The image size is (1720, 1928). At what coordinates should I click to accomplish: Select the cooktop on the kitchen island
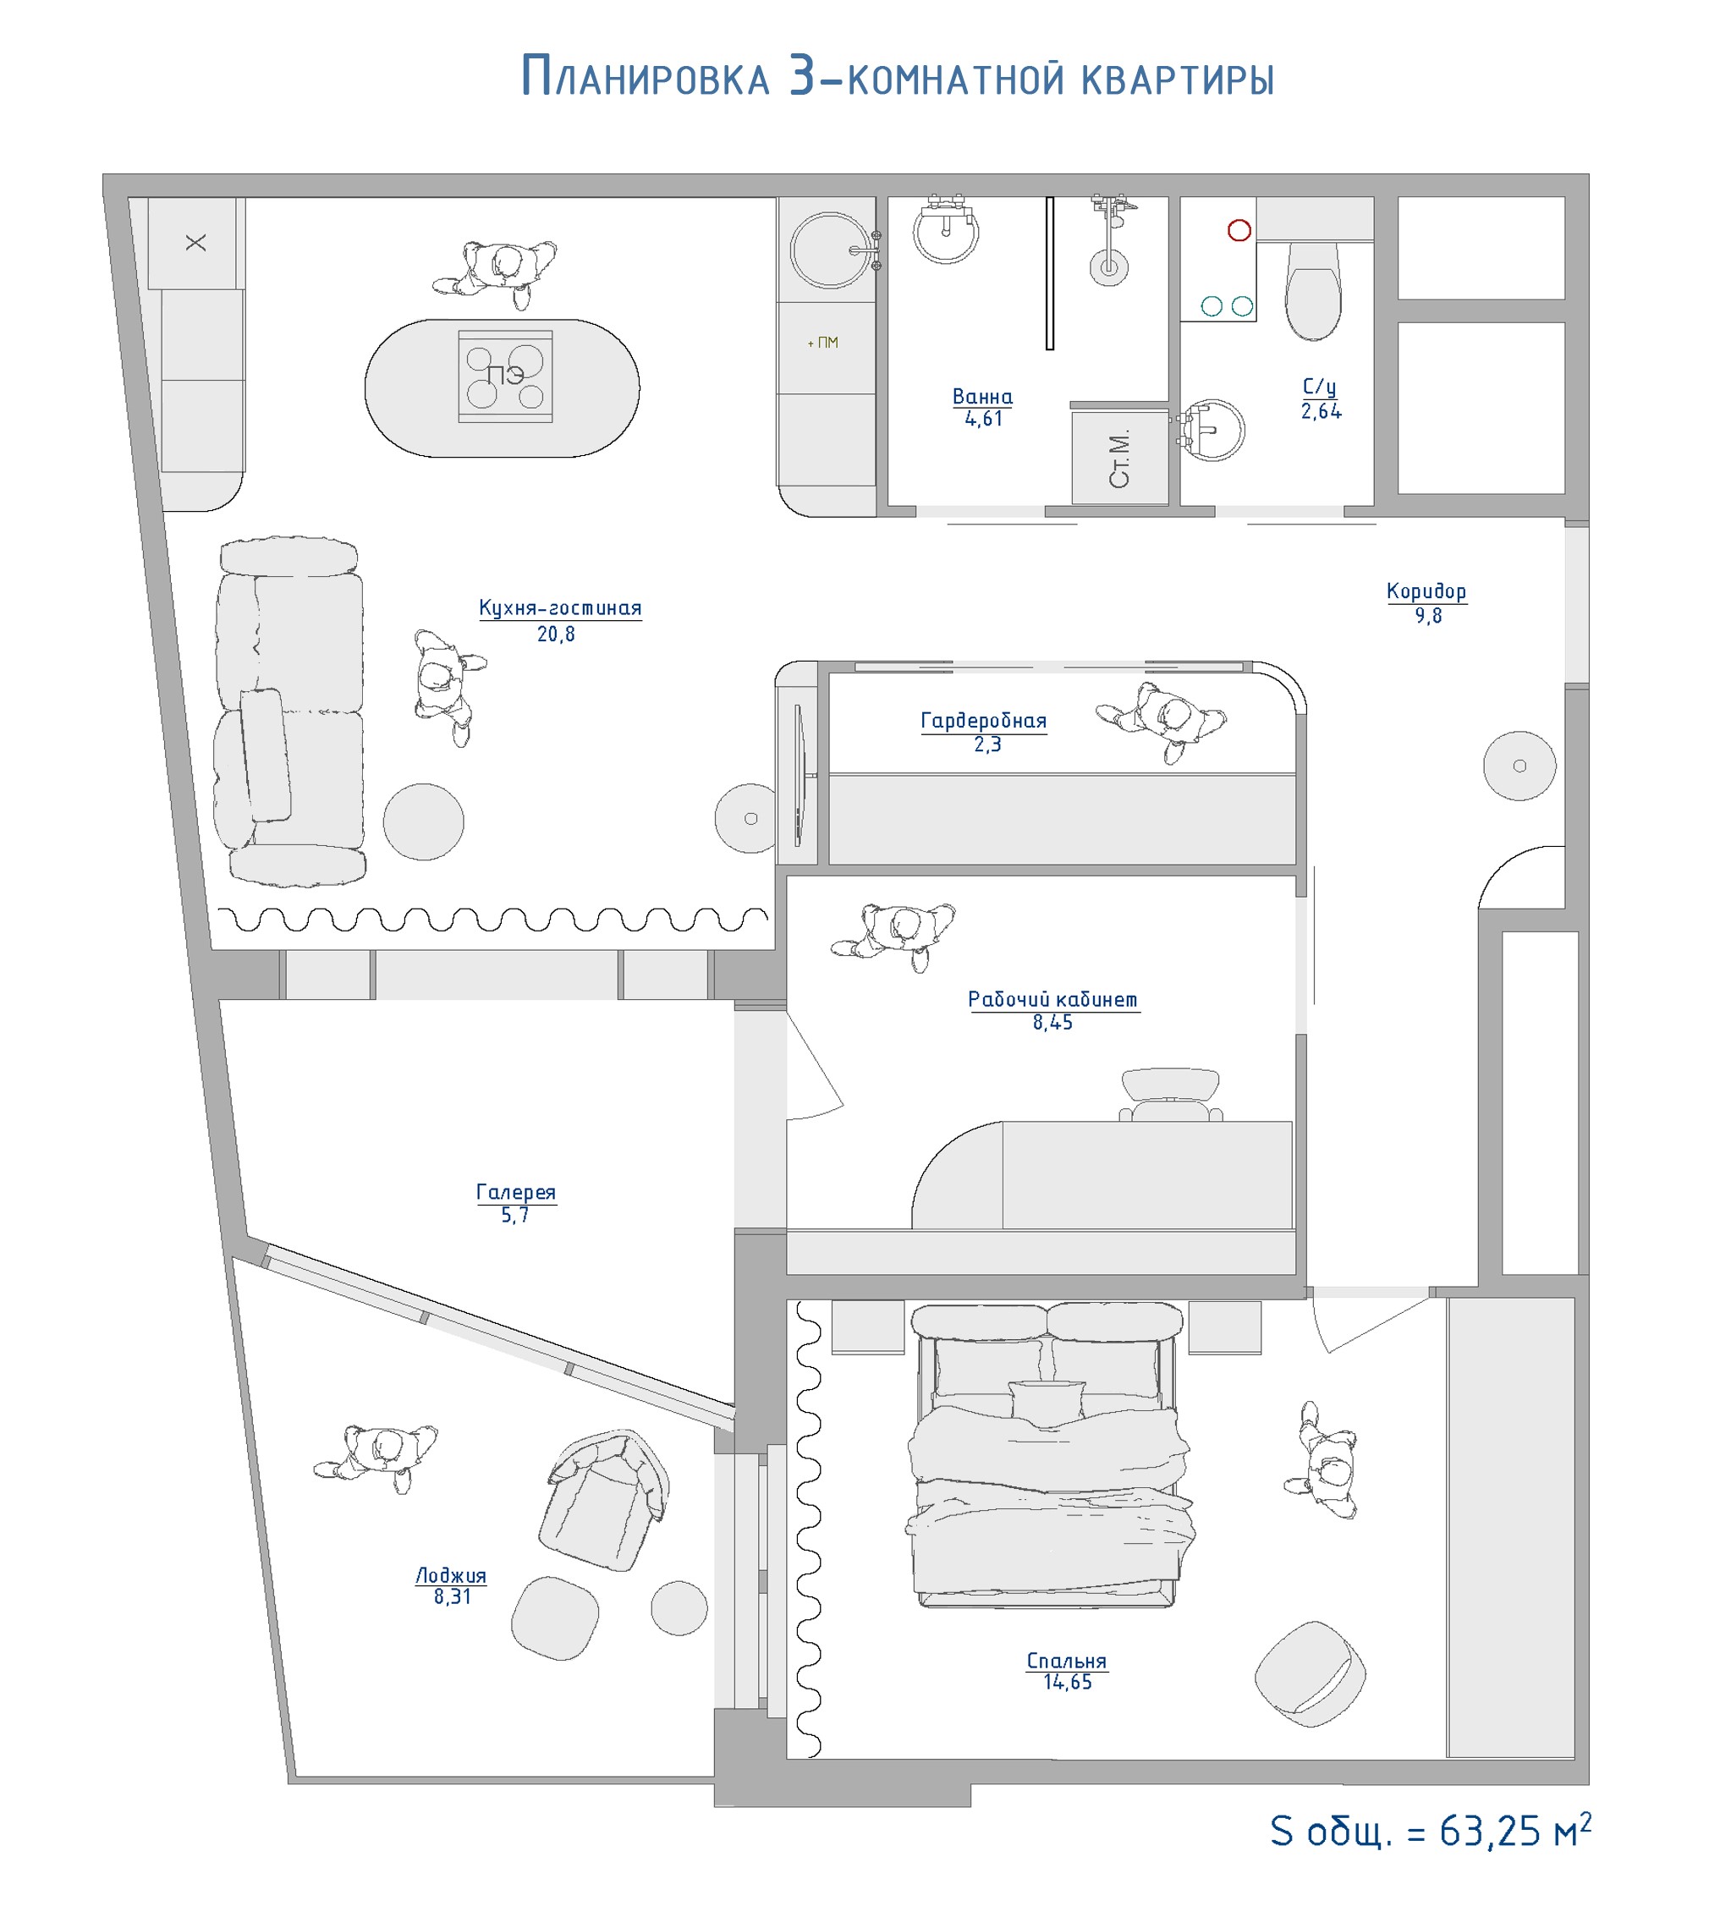pos(506,376)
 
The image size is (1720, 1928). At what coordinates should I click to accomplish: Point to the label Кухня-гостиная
pos(559,607)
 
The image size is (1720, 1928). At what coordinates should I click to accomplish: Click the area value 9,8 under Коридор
pos(1428,616)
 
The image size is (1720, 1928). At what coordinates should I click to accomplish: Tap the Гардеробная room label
pos(984,720)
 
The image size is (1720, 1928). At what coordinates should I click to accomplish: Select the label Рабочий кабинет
pos(1052,999)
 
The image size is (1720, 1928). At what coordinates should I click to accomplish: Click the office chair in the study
pos(1170,1096)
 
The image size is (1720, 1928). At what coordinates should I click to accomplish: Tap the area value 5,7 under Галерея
pos(515,1216)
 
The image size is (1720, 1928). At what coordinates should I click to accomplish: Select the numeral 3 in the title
pos(802,75)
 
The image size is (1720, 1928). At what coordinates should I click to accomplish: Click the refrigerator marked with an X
pos(195,243)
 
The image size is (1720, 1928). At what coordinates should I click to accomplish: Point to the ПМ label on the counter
pos(823,342)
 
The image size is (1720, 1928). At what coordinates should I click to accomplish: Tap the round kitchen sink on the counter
pos(830,250)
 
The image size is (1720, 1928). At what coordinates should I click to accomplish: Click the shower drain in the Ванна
pos(1108,267)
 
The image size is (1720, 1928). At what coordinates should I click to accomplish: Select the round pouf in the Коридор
pos(1519,766)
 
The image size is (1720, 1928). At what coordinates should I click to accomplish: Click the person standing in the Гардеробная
pos(1162,720)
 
